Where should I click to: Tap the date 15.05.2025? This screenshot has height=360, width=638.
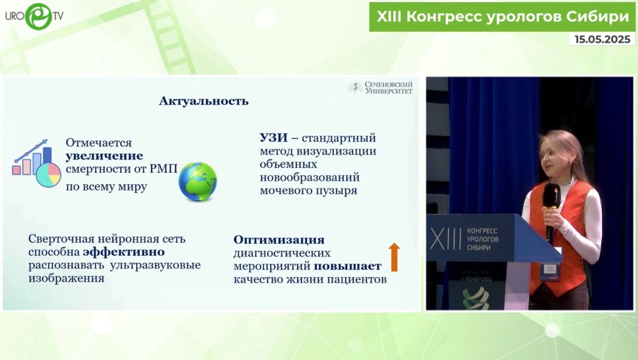(x=602, y=40)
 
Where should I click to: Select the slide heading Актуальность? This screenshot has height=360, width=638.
(x=203, y=101)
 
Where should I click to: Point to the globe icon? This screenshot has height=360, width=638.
(x=197, y=181)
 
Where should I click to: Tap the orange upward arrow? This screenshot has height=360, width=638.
(x=394, y=257)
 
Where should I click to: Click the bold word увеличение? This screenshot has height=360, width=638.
(x=104, y=156)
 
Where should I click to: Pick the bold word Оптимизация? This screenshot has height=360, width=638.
(x=279, y=240)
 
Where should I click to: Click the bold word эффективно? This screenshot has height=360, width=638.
(x=124, y=252)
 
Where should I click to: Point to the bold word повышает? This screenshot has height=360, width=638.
(x=348, y=266)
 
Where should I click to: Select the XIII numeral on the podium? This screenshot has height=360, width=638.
(x=445, y=240)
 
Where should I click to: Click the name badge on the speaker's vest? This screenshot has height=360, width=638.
(x=549, y=270)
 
